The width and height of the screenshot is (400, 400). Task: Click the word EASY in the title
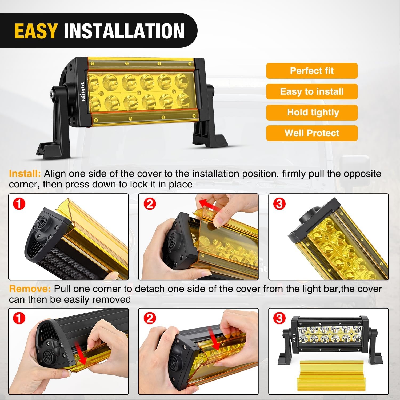pos(36,31)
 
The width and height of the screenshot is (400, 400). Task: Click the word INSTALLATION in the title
pos(124,31)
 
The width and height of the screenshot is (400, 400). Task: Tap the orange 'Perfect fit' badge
pos(312,71)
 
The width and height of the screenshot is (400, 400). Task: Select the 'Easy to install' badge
pos(312,91)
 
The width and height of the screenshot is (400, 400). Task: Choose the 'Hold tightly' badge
pos(312,112)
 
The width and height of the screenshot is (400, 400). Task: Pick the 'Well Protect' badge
pos(312,133)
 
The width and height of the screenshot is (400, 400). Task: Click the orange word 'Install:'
pos(25,174)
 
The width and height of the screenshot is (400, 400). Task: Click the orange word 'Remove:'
pos(30,289)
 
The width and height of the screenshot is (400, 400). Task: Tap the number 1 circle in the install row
pos(19,204)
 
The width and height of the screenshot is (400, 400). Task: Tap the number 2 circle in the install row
pos(150,204)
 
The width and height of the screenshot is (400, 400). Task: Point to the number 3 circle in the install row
pos(279,204)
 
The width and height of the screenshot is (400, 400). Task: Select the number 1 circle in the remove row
pos(19,318)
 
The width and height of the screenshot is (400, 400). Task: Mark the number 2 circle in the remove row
pos(150,318)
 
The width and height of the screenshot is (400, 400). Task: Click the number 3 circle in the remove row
pos(279,318)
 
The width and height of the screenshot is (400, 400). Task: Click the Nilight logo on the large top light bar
pos(83,92)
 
